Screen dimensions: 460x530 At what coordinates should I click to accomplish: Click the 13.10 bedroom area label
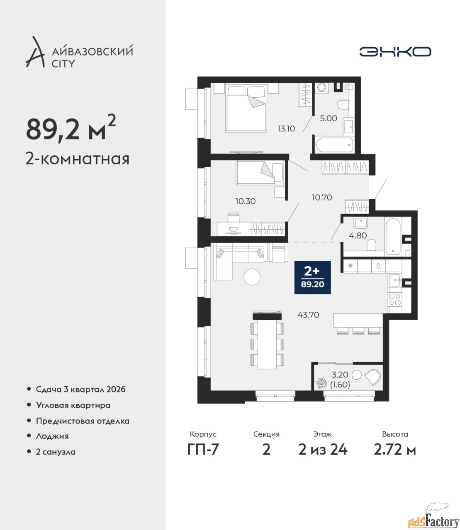point(286,128)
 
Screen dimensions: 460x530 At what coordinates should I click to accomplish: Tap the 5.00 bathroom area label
point(328,118)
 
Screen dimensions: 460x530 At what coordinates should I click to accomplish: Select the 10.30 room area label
point(246,201)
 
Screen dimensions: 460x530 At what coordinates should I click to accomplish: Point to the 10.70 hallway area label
point(322,198)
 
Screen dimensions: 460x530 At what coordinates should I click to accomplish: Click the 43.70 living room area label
point(308,315)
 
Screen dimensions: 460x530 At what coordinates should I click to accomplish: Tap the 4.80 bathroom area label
point(358,235)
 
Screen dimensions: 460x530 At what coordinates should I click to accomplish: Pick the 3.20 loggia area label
point(340,375)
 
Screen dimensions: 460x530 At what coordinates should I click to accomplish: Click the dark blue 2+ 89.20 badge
point(313,277)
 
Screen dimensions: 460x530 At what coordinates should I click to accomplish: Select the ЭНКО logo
point(395,51)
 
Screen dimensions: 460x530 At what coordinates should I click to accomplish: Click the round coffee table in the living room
point(252,277)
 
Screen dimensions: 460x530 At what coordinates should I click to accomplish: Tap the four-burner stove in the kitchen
point(395,299)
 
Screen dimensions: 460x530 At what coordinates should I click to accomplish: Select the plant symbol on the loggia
point(321,383)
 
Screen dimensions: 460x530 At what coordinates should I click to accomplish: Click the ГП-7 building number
point(203,450)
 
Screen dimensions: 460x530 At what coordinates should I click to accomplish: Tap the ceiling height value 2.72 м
point(395,450)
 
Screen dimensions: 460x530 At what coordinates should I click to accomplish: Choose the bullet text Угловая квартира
point(73,405)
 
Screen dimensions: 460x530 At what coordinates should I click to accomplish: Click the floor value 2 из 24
point(323,450)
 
